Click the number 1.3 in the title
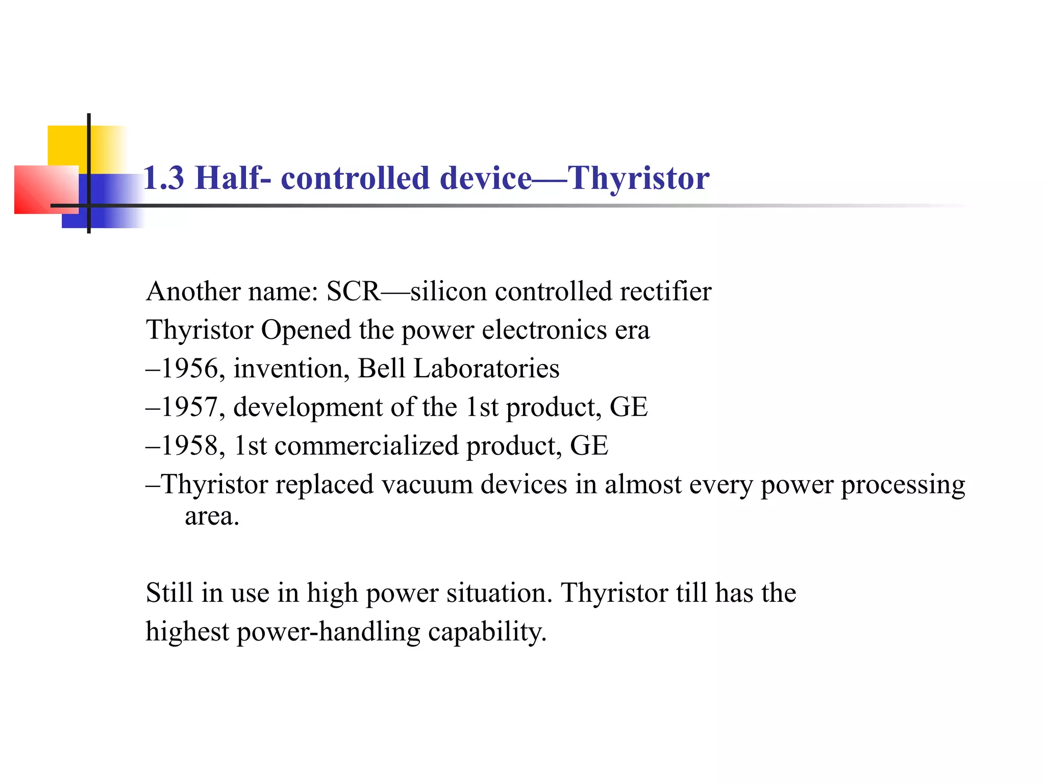pyautogui.click(x=163, y=178)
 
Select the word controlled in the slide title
pyautogui.click(x=355, y=178)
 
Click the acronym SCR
pyautogui.click(x=353, y=291)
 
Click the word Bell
pyautogui.click(x=381, y=369)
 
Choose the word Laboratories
pyautogui.click(x=486, y=369)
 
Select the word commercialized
pyautogui.click(x=366, y=446)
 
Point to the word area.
pyautogui.click(x=211, y=516)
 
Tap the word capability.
pyautogui.click(x=487, y=632)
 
